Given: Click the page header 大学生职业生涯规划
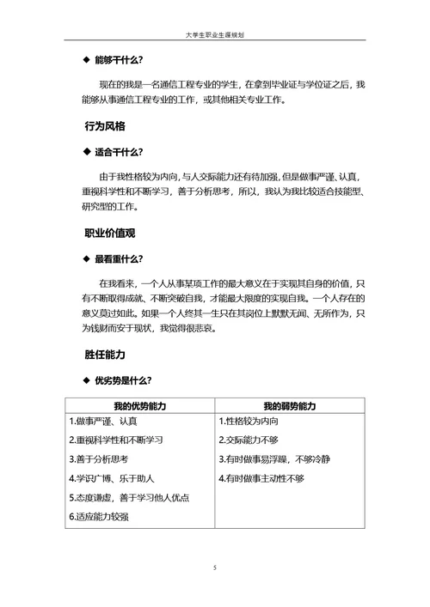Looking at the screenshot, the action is [x=215, y=36].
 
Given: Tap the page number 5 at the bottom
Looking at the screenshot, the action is [x=215, y=568].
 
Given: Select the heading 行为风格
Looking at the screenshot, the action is [x=105, y=126].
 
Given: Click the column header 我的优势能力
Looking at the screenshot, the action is [x=139, y=405].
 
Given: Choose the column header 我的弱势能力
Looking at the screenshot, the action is [x=290, y=405].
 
